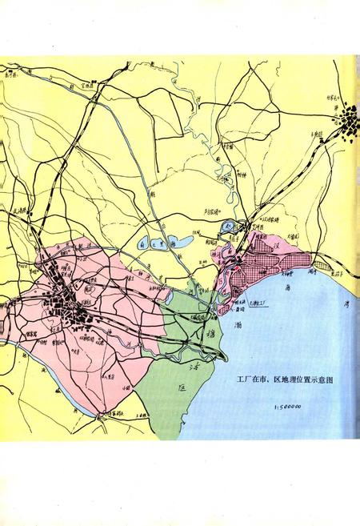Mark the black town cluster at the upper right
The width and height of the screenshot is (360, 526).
click(349, 125)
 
